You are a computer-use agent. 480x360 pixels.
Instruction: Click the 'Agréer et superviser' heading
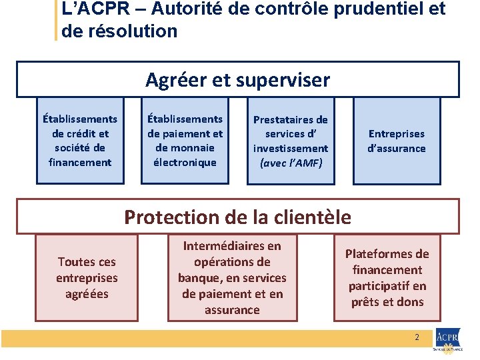coord(237,80)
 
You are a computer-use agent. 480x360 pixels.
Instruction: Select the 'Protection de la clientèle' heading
coord(237,217)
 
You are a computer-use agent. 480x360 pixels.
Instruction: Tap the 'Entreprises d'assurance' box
coord(397,141)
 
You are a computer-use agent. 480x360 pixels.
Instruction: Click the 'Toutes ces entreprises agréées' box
coord(87,277)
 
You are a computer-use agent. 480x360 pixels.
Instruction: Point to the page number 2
coord(417,337)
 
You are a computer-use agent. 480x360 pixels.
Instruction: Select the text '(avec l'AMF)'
coord(291,162)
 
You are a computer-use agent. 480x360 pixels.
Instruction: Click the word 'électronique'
coord(185,162)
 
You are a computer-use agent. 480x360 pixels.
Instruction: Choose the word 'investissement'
coord(291,148)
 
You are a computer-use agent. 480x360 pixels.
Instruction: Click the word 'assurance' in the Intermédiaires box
coord(232,310)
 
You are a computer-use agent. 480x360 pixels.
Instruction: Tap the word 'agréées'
coord(87,294)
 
